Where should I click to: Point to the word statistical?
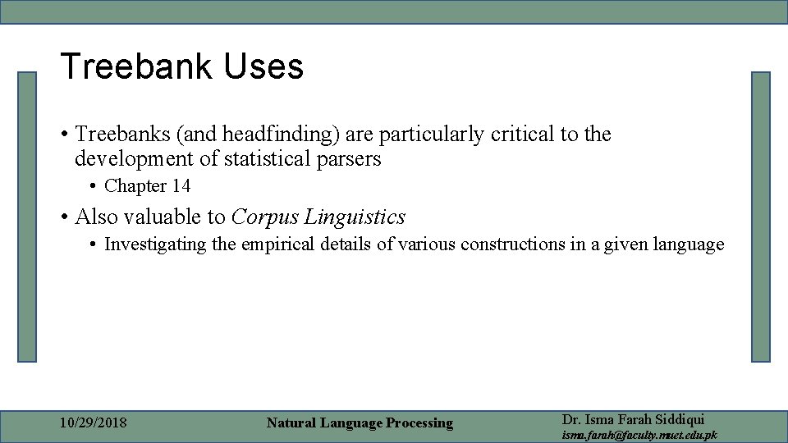(272, 158)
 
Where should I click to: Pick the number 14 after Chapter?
(181, 186)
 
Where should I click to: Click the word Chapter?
(135, 186)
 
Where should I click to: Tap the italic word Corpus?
(264, 217)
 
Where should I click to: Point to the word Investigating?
(155, 244)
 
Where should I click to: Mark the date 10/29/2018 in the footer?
(94, 423)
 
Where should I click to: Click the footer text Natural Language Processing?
(360, 423)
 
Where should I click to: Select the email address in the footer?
(639, 435)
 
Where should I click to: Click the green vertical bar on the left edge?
(28, 217)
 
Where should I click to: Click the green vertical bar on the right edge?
(761, 217)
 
